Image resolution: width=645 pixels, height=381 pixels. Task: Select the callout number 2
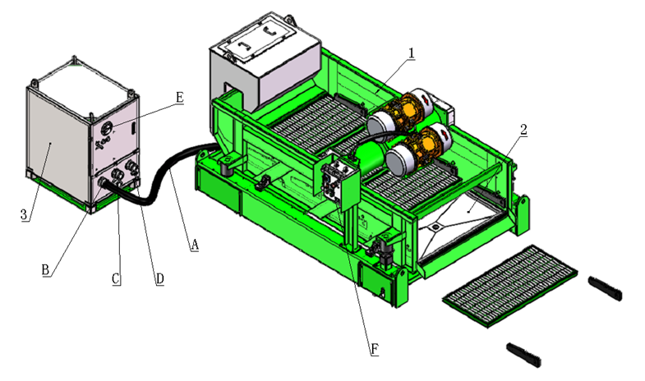[x=523, y=129]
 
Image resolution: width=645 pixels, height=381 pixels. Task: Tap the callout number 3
[x=25, y=214]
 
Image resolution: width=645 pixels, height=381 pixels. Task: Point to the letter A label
[x=195, y=244]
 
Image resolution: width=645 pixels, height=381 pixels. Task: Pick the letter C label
[x=117, y=278]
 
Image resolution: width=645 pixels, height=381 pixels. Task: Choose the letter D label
[x=159, y=278]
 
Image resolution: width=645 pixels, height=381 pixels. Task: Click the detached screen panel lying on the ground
[x=509, y=283]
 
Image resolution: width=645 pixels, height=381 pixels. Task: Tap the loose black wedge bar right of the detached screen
[x=606, y=288]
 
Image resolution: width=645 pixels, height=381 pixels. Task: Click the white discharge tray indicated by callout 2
[x=464, y=214]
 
